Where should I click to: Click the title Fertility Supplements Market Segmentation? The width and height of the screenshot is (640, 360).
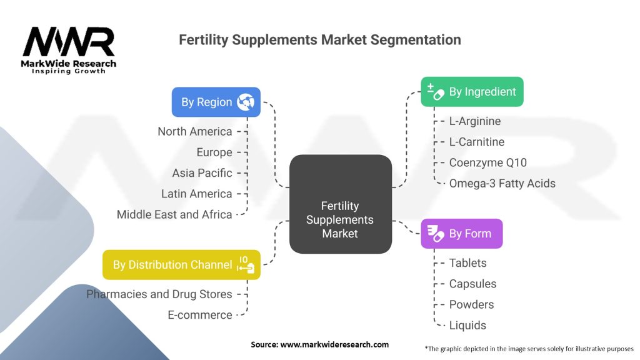pyautogui.click(x=320, y=40)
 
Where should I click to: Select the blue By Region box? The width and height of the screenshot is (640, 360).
pyautogui.click(x=216, y=102)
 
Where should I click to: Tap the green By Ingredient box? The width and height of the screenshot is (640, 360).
pyautogui.click(x=472, y=92)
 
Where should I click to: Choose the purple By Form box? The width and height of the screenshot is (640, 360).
pyautogui.click(x=461, y=234)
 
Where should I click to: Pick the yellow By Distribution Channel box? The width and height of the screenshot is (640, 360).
pyautogui.click(x=181, y=264)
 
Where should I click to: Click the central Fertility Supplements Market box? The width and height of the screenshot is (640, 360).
pyautogui.click(x=340, y=219)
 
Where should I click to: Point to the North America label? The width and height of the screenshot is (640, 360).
pyautogui.click(x=195, y=131)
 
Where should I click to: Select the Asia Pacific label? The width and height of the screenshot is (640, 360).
pyautogui.click(x=202, y=173)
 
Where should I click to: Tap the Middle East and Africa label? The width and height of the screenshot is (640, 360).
pyautogui.click(x=174, y=214)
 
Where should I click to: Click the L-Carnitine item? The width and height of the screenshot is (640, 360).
pyautogui.click(x=476, y=142)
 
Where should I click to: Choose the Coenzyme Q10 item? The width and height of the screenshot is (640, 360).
pyautogui.click(x=487, y=162)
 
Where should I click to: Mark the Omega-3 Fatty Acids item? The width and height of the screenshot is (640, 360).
pyautogui.click(x=502, y=183)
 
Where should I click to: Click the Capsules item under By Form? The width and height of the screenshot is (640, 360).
pyautogui.click(x=472, y=284)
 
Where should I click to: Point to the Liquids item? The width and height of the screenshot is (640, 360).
pyautogui.click(x=467, y=325)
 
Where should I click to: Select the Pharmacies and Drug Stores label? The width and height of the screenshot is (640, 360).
pyautogui.click(x=159, y=294)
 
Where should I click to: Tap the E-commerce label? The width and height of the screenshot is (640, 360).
pyautogui.click(x=200, y=315)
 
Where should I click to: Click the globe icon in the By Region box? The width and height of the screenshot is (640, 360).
pyautogui.click(x=245, y=102)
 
